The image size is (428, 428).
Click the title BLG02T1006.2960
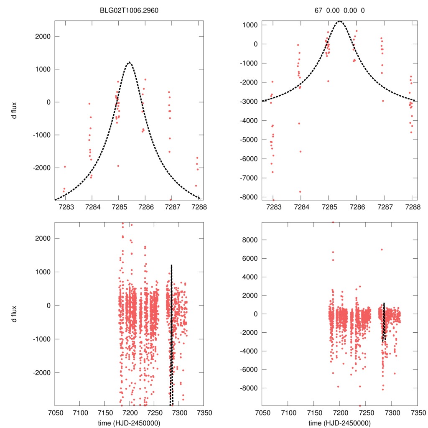(x=129, y=10)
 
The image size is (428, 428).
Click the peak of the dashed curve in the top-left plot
(x=129, y=62)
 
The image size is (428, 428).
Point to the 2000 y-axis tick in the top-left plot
(x=42, y=36)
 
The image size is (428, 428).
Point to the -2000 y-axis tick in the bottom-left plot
(x=41, y=372)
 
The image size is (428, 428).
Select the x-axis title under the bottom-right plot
(x=339, y=423)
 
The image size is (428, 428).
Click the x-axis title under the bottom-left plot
(x=129, y=423)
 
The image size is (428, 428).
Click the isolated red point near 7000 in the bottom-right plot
(x=382, y=250)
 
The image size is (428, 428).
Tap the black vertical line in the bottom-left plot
(x=171, y=334)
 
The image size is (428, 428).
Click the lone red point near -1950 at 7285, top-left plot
(x=118, y=166)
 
